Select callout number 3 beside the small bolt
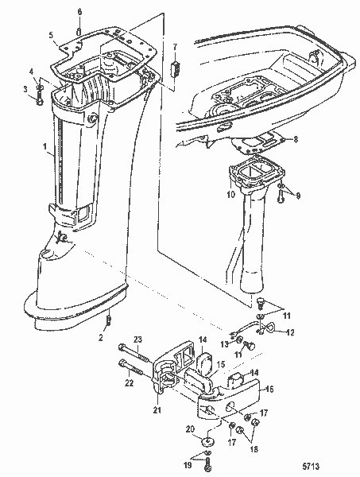(x=25, y=87)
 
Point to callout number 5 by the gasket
(x=50, y=36)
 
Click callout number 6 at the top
(x=79, y=12)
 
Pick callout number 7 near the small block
(x=176, y=48)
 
